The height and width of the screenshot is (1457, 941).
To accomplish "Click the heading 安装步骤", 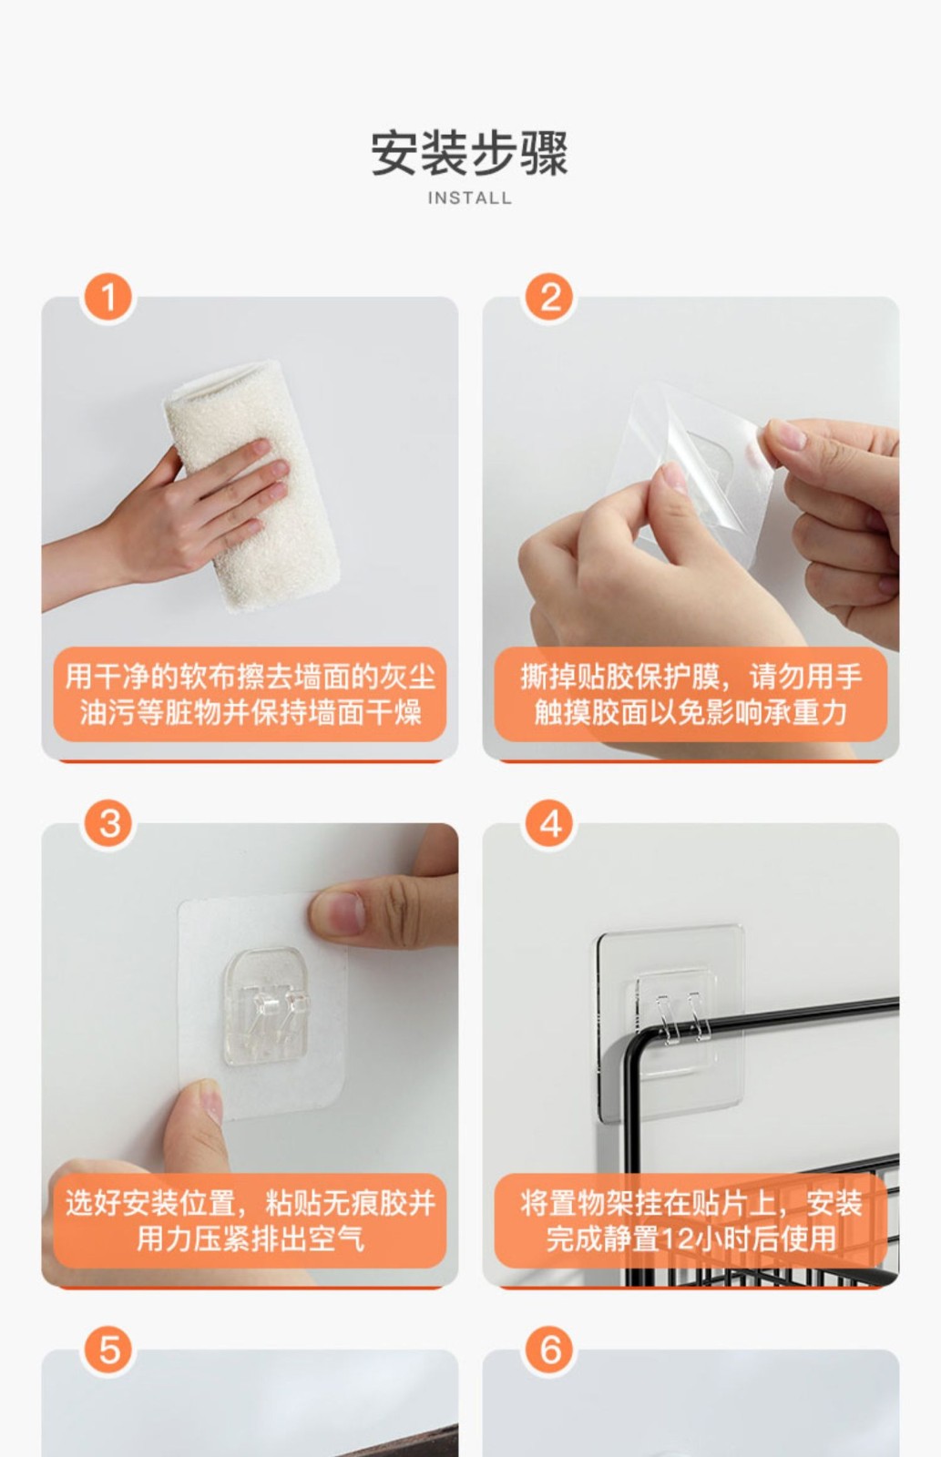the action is (469, 154).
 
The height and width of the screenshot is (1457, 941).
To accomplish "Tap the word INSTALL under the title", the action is (469, 198).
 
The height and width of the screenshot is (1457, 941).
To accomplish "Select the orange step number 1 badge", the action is (108, 297).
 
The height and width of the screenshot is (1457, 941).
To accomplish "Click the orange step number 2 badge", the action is (550, 297).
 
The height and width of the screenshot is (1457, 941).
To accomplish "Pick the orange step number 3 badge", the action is (108, 824).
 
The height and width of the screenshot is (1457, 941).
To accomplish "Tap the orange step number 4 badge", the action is (550, 824).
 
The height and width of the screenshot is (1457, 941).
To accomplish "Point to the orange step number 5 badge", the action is (108, 1350).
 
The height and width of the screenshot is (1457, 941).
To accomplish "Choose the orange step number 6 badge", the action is (550, 1350).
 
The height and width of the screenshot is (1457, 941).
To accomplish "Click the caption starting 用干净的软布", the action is (250, 694).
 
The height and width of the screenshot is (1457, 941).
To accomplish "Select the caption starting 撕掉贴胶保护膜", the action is (691, 694).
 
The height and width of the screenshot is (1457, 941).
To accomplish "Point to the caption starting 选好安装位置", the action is (250, 1220).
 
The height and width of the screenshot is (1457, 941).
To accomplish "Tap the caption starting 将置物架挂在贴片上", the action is (691, 1220).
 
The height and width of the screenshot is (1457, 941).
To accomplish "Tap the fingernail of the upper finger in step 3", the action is (344, 912).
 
